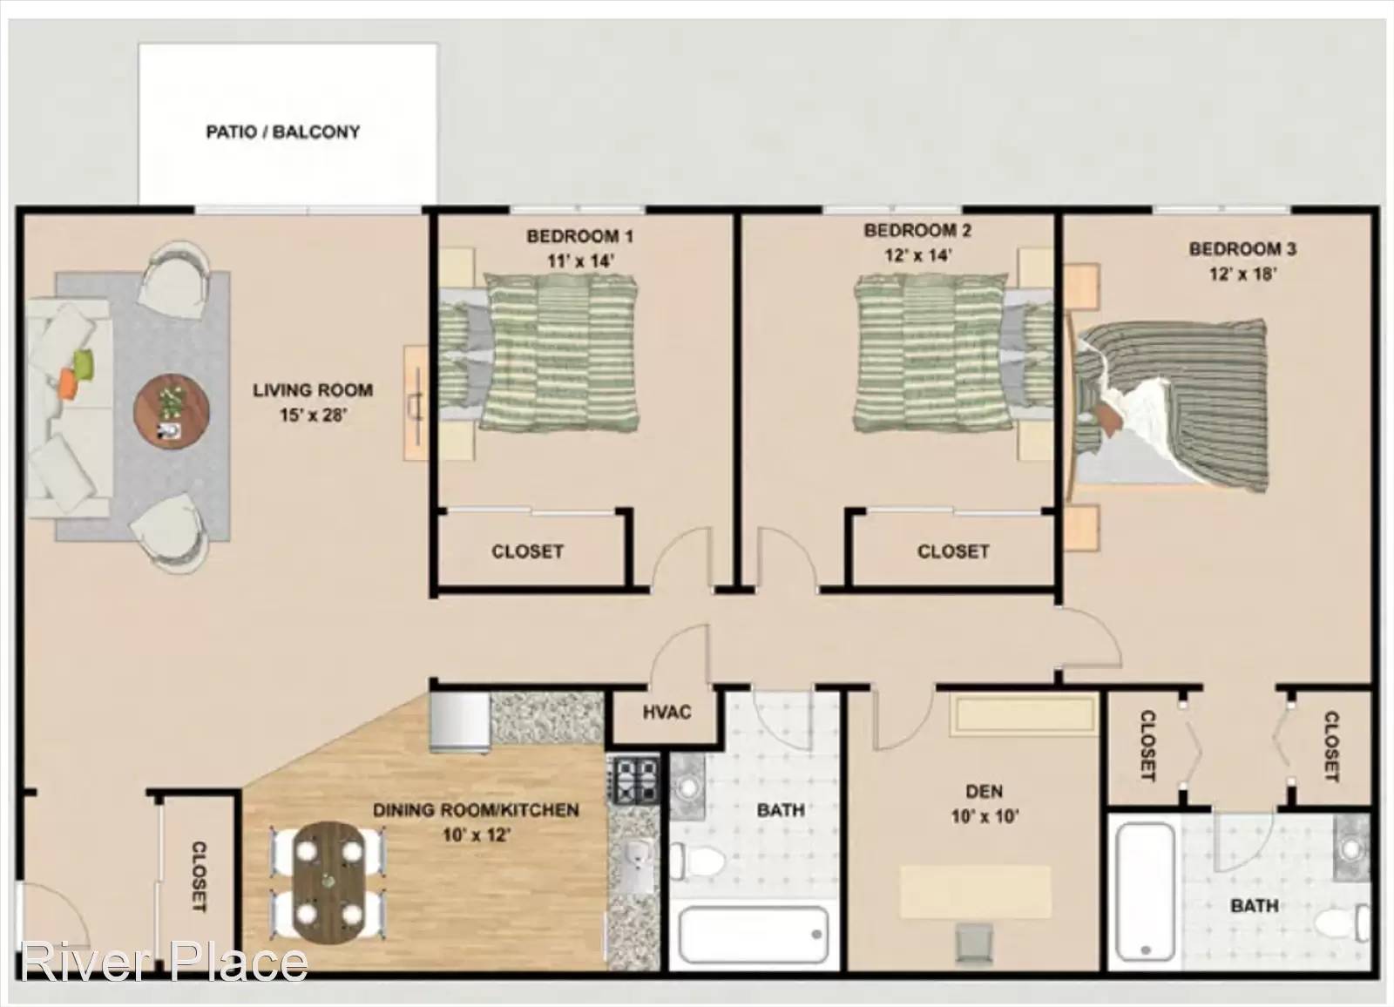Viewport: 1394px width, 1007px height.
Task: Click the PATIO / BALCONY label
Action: [x=283, y=132]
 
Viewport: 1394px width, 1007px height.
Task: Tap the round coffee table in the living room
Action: [x=171, y=409]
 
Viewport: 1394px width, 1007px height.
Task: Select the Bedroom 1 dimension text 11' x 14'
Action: [x=580, y=260]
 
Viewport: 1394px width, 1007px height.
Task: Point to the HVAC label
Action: [x=667, y=712]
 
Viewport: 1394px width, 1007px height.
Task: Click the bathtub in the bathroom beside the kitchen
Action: [x=753, y=934]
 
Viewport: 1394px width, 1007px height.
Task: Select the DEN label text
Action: [x=984, y=791]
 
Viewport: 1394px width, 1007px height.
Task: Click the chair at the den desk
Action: [x=975, y=942]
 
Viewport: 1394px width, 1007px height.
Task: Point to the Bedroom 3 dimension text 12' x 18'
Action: [x=1242, y=274]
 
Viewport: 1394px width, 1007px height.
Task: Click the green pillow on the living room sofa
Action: [x=84, y=364]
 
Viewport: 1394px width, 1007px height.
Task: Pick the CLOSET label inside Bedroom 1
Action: [x=527, y=551]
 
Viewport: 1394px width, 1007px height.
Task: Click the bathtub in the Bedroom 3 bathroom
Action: [x=1145, y=891]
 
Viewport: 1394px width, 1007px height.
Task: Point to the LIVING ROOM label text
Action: [x=313, y=390]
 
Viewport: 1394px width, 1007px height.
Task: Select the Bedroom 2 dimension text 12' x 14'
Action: [x=918, y=255]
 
